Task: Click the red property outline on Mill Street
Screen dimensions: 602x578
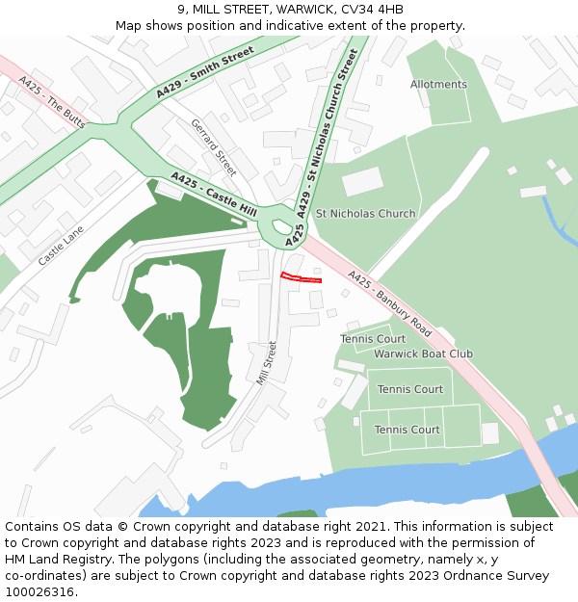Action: [301, 278]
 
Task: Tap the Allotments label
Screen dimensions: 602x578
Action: [438, 85]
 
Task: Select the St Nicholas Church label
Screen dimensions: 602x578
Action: [366, 214]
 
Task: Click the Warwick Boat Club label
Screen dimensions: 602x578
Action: [423, 353]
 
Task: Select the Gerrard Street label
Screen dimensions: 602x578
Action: [213, 147]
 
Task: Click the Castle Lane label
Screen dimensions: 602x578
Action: [61, 246]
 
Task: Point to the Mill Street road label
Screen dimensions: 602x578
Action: [266, 363]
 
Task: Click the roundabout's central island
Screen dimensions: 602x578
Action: [281, 227]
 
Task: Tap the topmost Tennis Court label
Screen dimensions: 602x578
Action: [373, 339]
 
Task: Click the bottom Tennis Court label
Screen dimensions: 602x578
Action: [407, 430]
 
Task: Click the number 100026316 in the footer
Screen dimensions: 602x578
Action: [41, 592]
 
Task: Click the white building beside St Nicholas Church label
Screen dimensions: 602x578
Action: [362, 180]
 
